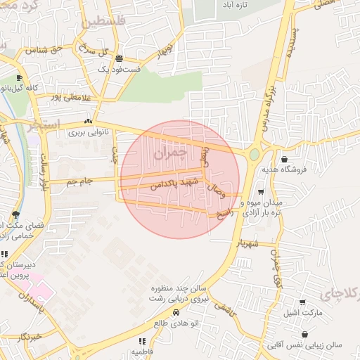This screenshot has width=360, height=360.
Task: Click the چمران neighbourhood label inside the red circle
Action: (x=170, y=150)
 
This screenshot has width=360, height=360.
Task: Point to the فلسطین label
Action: (x=105, y=22)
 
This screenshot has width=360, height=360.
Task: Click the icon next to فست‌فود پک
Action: (x=120, y=59)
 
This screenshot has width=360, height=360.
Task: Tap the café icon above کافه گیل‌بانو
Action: (x=19, y=78)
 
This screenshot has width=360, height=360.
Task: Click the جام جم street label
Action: (x=80, y=182)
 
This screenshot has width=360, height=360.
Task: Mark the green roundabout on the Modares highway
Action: (x=254, y=154)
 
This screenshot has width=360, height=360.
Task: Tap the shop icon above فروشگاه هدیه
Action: (x=284, y=159)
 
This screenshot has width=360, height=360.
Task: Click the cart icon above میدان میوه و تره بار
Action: (x=261, y=191)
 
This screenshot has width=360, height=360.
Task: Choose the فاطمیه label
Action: (x=142, y=351)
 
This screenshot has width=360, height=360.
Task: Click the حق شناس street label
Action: (x=44, y=51)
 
